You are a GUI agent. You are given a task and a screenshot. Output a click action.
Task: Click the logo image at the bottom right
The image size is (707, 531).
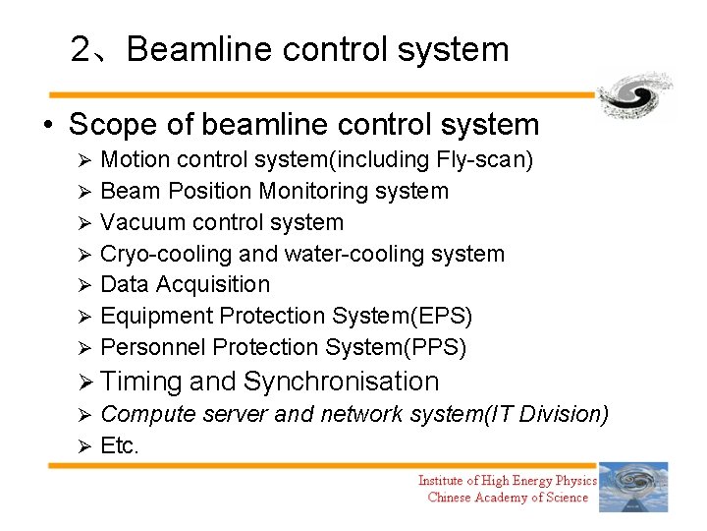click(x=633, y=487)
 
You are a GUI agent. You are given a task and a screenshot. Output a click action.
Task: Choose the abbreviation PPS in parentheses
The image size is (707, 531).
click(x=440, y=347)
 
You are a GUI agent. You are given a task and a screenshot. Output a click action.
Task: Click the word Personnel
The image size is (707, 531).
click(x=153, y=347)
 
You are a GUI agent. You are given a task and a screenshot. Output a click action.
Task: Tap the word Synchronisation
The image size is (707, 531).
click(x=341, y=382)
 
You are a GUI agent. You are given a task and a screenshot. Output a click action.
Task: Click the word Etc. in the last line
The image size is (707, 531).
click(x=120, y=445)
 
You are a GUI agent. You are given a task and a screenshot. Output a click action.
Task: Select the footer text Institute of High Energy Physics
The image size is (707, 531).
click(x=507, y=480)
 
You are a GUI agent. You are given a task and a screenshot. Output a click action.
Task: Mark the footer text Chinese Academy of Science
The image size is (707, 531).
click(x=508, y=498)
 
